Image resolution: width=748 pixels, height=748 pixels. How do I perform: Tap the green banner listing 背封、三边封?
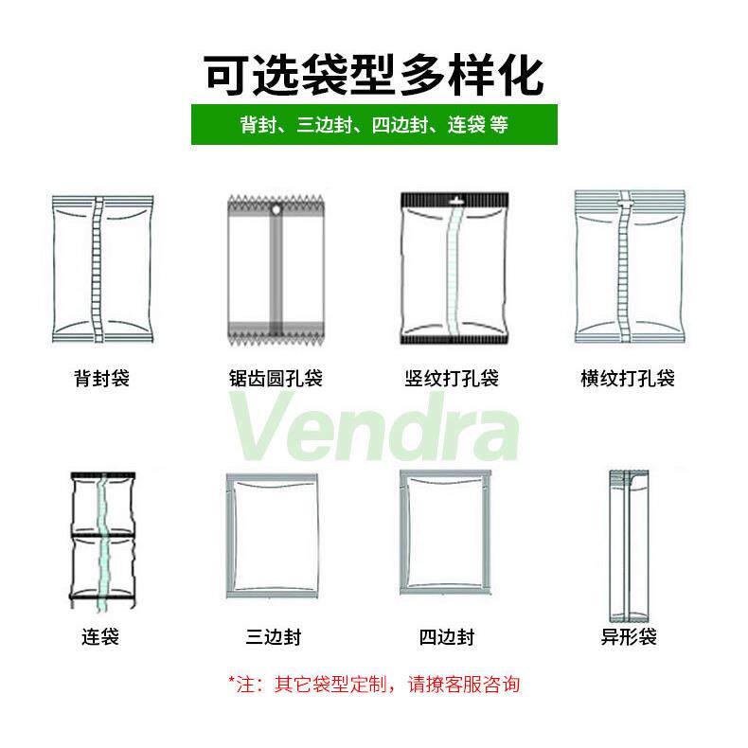tap(374, 124)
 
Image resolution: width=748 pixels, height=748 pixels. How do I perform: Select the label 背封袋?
tap(100, 379)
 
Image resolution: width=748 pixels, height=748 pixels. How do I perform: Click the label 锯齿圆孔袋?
tap(276, 379)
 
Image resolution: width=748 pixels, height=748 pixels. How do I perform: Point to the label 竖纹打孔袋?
tap(451, 379)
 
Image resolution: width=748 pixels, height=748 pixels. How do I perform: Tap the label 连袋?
tap(100, 636)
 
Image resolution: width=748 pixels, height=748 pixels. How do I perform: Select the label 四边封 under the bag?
tap(446, 636)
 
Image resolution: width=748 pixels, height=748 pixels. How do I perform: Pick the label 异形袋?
tap(629, 636)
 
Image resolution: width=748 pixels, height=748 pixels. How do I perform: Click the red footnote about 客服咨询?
tap(374, 684)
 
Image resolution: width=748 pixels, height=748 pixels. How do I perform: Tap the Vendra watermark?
tap(374, 431)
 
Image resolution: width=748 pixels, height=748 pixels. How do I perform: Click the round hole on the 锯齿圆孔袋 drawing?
tap(276, 209)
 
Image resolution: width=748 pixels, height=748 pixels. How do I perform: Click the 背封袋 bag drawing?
tap(100, 270)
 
